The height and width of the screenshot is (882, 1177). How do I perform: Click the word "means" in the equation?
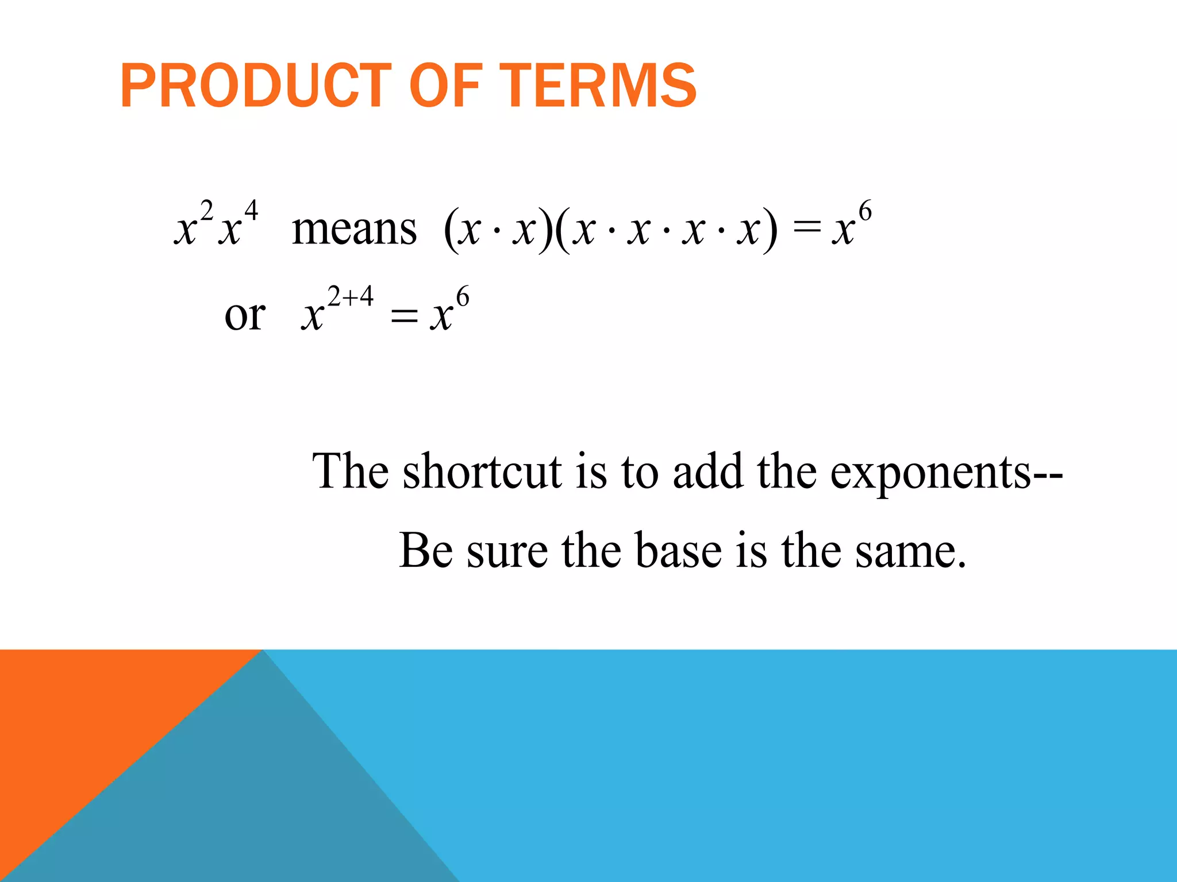tap(354, 230)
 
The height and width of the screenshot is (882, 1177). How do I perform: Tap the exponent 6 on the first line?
tap(865, 212)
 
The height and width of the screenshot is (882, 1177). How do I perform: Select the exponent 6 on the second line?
tap(463, 298)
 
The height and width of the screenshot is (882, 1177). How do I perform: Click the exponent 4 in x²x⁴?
tap(251, 212)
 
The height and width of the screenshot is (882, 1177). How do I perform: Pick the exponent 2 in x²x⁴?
tap(207, 211)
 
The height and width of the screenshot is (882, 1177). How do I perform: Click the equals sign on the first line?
tap(806, 230)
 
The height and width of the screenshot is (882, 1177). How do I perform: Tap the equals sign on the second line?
tap(403, 316)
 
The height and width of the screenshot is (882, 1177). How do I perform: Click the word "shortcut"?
tap(482, 472)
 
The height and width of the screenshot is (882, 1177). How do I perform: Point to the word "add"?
tap(707, 472)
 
